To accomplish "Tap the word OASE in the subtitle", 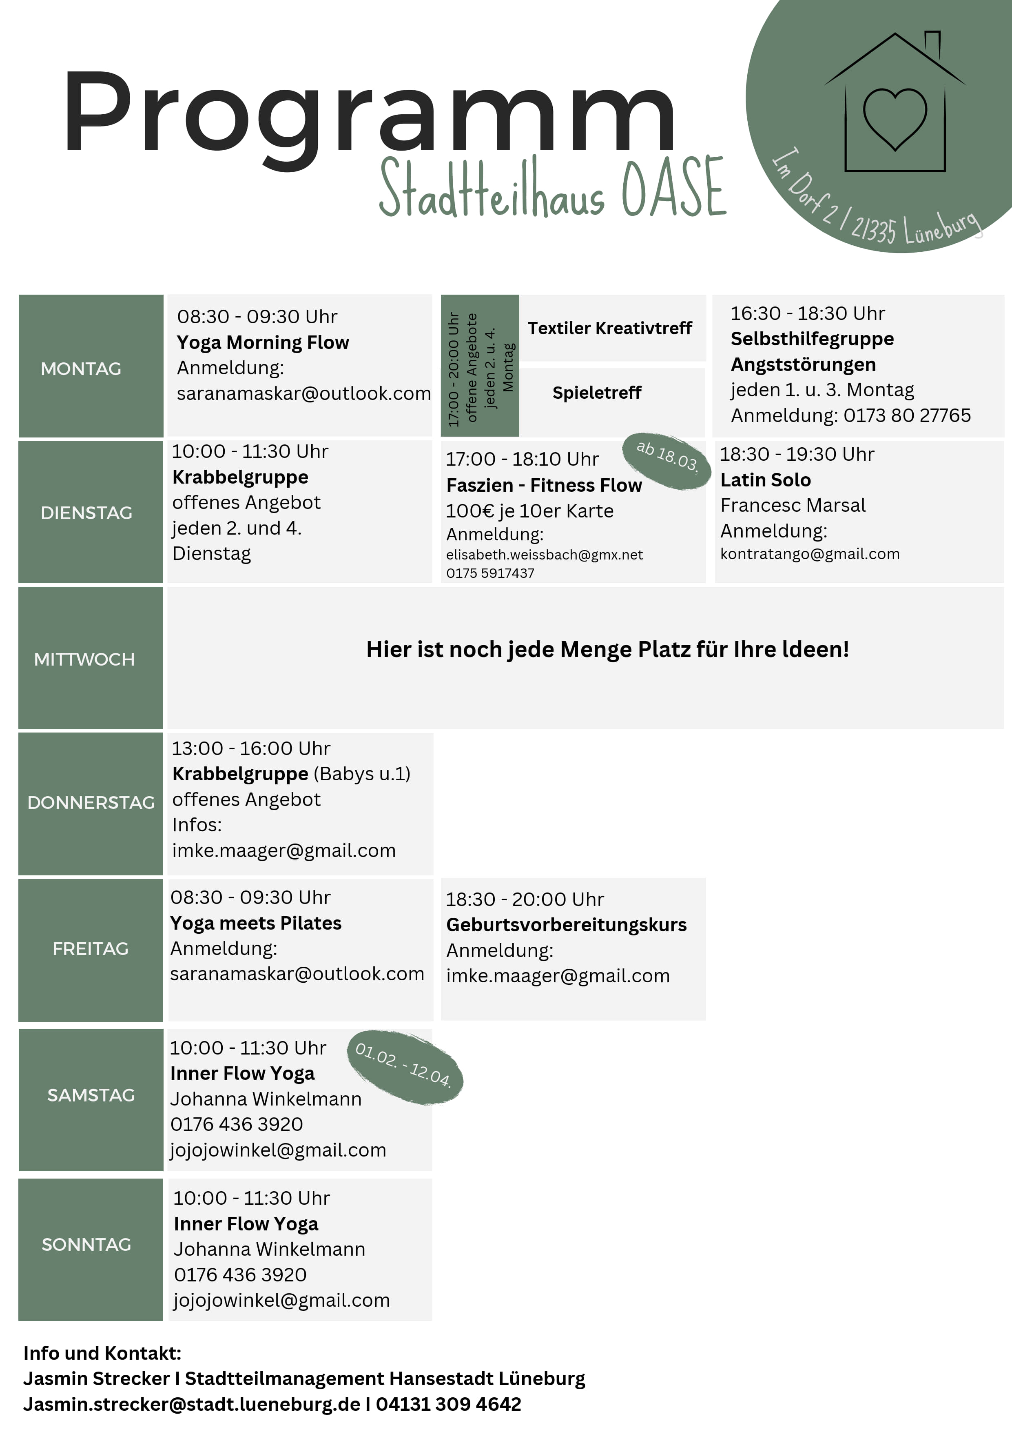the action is pos(675,187).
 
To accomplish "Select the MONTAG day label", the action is pos(81,369).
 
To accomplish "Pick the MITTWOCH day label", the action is pos(84,659).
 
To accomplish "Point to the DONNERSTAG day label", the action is pos(91,803).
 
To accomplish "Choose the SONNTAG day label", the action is pos(86,1244).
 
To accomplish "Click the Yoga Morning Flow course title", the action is pos(263,342).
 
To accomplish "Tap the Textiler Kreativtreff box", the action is pos(613,328).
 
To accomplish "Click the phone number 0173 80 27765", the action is pos(907,415).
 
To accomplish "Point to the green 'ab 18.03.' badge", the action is pos(667,461).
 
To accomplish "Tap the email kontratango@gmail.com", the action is pos(810,554).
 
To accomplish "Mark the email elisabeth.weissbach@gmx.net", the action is pos(545,555).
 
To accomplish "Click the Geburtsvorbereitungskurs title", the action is pos(566,924).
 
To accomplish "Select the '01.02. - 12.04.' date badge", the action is pos(405,1067).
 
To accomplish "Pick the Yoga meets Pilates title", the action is pos(256,923).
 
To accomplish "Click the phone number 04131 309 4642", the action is pos(448,1403).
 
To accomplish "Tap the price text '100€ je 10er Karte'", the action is pos(529,511).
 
